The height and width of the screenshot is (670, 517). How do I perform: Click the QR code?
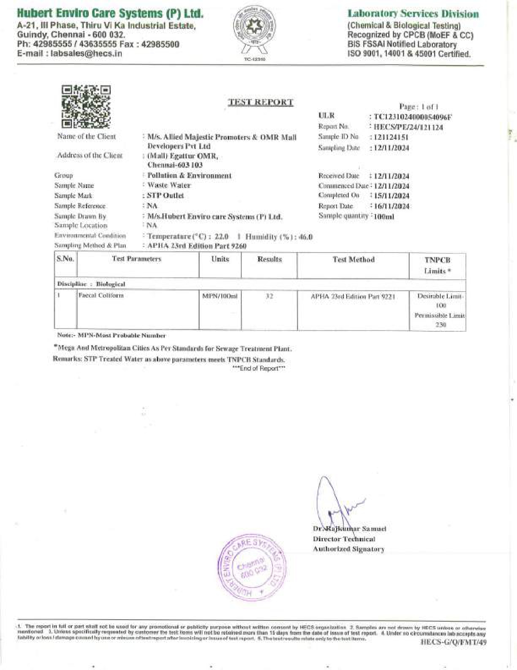pos(86,107)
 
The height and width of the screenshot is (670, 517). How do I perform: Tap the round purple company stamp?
pos(253,567)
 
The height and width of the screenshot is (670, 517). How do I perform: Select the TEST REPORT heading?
pos(260,102)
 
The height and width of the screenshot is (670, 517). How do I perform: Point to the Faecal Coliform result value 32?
pos(269,296)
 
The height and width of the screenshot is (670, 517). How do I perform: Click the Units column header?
pos(220,259)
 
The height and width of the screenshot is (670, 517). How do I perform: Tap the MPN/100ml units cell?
pos(220,296)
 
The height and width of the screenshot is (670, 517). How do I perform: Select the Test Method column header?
pos(353,259)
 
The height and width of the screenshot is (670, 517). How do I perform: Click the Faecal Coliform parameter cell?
pos(101,295)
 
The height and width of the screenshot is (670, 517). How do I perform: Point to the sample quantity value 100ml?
pos(384,216)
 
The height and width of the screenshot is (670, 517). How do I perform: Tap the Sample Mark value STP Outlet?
pos(165,195)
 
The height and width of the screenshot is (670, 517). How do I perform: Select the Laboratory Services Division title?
pos(413,14)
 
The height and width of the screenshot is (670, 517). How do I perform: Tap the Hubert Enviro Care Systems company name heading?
pos(110,14)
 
